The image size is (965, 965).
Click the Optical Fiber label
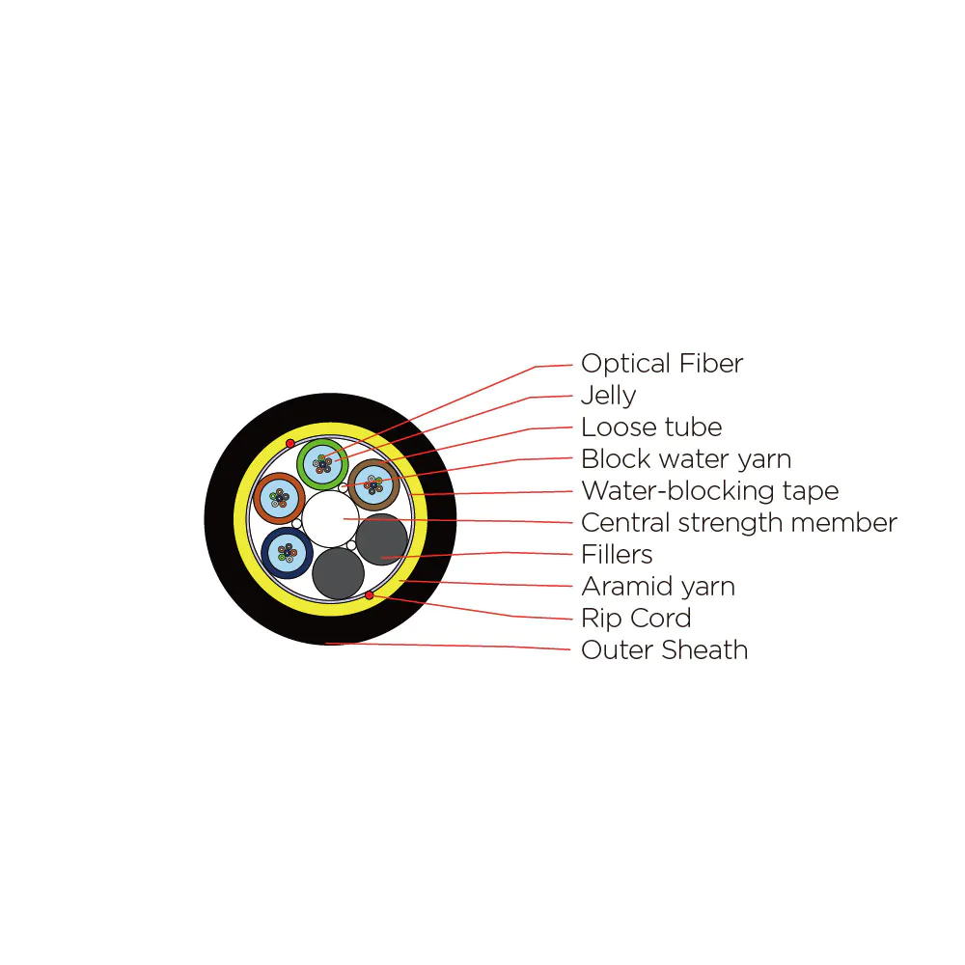[662, 363]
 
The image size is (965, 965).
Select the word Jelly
[608, 395]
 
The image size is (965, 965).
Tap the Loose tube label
[651, 427]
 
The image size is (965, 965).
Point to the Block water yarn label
[685, 459]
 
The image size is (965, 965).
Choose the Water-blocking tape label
[709, 491]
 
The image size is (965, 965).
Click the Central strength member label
[738, 523]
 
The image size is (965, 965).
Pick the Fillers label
[616, 555]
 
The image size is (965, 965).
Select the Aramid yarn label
[658, 587]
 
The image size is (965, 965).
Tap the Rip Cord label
[636, 618]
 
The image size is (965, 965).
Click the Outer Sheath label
[664, 649]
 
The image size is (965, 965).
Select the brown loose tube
[373, 462]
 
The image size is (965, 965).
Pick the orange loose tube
[279, 476]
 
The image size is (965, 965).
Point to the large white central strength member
[330, 519]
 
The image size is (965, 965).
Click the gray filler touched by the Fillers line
[381, 539]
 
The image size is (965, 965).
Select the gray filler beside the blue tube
[338, 573]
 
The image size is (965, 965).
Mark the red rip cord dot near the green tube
[289, 443]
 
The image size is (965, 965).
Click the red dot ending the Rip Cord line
[370, 595]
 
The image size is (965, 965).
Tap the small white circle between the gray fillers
[351, 545]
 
